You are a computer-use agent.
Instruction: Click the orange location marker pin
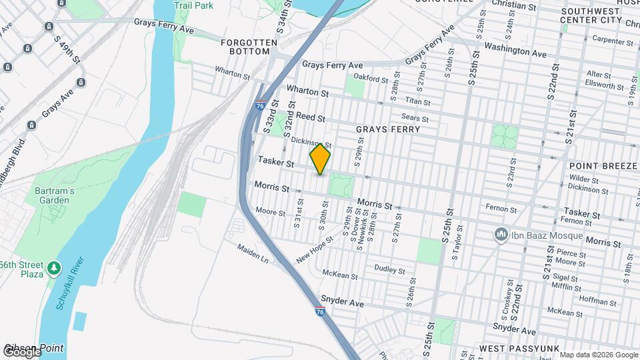(x=321, y=159)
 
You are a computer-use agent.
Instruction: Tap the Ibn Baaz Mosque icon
(x=501, y=235)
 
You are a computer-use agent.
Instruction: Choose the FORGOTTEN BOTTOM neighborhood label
(x=249, y=47)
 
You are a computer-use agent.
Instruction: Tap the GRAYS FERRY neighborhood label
(x=388, y=129)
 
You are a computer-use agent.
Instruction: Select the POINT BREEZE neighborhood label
(x=604, y=165)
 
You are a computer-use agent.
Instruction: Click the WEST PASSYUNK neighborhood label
(x=514, y=349)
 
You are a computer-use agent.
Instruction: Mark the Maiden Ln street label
(x=252, y=253)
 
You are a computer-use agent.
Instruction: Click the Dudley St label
(x=389, y=270)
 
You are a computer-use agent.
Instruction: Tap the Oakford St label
(x=371, y=79)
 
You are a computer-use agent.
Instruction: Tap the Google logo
(x=21, y=351)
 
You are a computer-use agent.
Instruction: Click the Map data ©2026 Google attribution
(x=599, y=355)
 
